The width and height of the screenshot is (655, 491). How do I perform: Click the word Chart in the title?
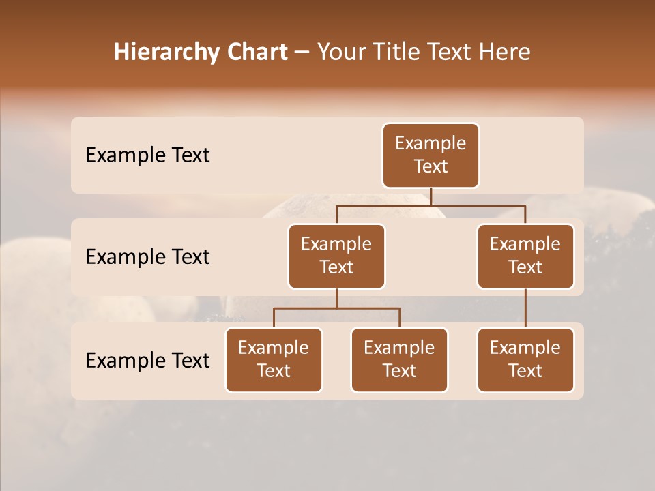255,53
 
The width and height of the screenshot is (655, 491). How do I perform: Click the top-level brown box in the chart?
431,155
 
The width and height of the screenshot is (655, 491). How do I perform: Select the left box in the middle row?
336,256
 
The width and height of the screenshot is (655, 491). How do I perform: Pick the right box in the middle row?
525,256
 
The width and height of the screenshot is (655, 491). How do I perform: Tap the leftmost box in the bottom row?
274,360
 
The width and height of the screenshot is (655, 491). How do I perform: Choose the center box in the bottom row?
399,360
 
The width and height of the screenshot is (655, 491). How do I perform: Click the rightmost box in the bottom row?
525,360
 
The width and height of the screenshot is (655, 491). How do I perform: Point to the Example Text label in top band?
147,155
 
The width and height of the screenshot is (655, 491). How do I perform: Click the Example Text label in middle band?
147,257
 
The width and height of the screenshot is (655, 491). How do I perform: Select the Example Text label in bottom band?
147,360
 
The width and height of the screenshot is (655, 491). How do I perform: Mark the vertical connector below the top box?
431,196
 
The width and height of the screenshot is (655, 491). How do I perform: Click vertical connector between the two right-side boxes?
525,308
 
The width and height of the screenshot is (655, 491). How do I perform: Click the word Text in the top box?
431,166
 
